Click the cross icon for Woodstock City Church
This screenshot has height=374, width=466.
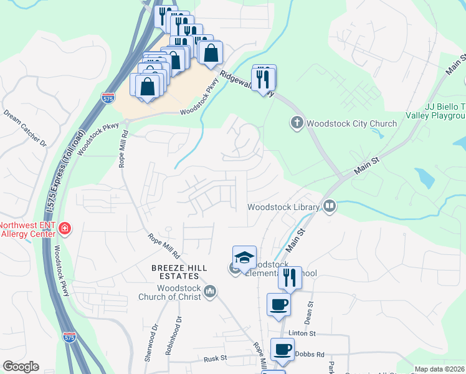pos(297,123)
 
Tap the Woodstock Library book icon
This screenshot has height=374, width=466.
pos(330,206)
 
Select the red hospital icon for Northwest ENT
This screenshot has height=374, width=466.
pos(65,229)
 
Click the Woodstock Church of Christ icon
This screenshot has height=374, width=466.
pos(211,291)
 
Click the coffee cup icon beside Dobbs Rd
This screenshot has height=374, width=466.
pos(282,350)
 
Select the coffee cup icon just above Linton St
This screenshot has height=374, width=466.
pos(278,305)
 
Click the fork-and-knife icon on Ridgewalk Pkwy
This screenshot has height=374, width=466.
pos(264,77)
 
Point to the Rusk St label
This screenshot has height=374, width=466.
pos(216,360)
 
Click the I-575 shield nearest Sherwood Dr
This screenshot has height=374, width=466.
pos(69,337)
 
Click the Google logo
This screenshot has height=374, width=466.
pos(20,367)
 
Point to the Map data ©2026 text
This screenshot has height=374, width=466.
pos(439,369)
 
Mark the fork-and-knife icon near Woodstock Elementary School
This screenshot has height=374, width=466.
pos(289,277)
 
